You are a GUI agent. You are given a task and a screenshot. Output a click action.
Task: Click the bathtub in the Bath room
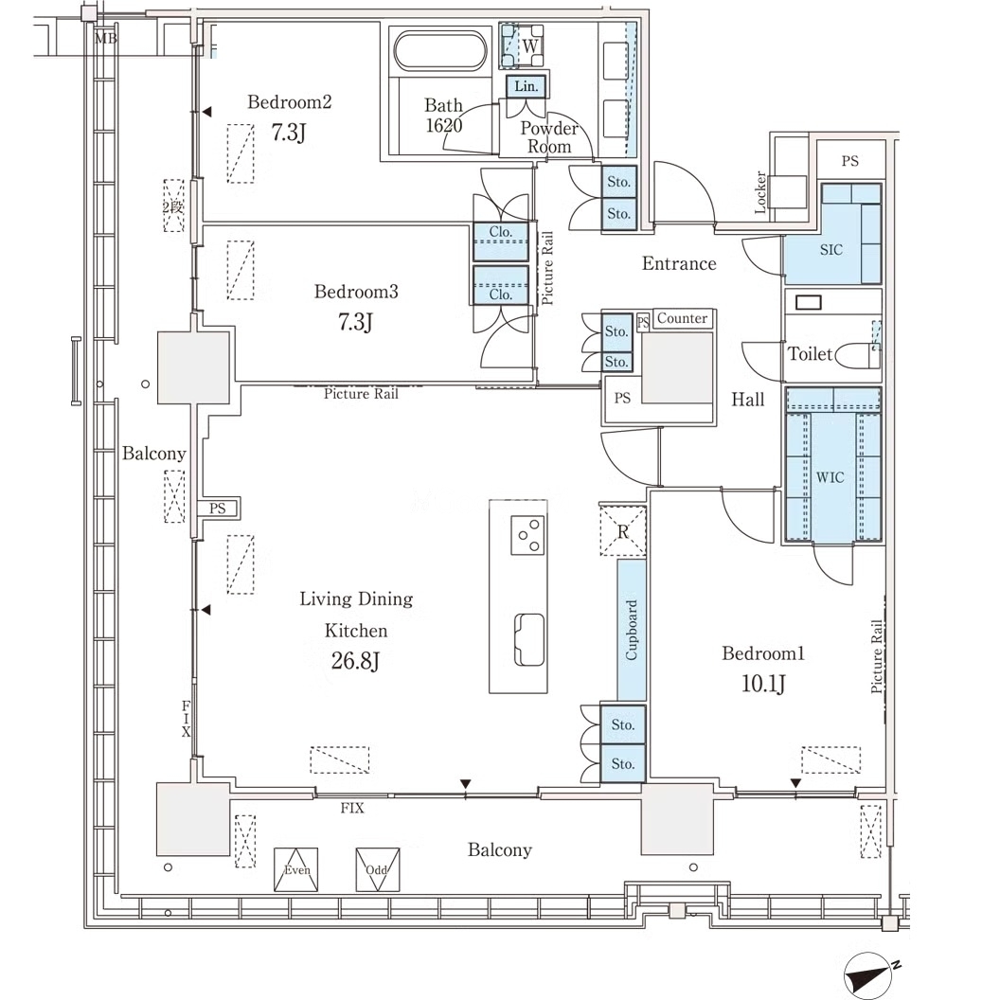pyautogui.click(x=440, y=50)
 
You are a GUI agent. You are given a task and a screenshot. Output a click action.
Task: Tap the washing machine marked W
pyautogui.click(x=522, y=45)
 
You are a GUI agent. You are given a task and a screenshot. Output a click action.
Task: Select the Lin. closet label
pyautogui.click(x=527, y=86)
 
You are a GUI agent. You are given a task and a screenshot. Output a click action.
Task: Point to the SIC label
pyautogui.click(x=830, y=250)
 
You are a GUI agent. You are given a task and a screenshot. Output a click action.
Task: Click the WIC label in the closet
pyautogui.click(x=830, y=477)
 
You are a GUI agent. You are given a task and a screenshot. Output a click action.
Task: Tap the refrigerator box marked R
pyautogui.click(x=623, y=530)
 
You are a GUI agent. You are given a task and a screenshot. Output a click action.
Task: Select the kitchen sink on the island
pyautogui.click(x=529, y=639)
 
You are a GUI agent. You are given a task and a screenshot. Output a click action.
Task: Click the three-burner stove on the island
pyautogui.click(x=527, y=535)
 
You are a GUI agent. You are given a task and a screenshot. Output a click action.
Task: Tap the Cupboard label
pyautogui.click(x=631, y=630)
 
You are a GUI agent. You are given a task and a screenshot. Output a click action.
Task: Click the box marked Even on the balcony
pyautogui.click(x=295, y=869)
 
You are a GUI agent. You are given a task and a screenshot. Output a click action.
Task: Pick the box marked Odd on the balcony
pyautogui.click(x=378, y=869)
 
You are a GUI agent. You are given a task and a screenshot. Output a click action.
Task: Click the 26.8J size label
pyautogui.click(x=355, y=661)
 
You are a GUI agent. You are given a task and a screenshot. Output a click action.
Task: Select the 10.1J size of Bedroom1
pyautogui.click(x=763, y=684)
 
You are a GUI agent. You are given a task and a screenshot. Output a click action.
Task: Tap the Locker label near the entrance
pyautogui.click(x=760, y=191)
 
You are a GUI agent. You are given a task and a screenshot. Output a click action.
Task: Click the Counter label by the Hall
pyautogui.click(x=682, y=318)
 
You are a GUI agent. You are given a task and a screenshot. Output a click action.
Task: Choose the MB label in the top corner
pyautogui.click(x=106, y=38)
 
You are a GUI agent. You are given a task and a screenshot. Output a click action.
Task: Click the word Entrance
pyautogui.click(x=679, y=263)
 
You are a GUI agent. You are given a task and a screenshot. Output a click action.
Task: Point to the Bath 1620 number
pyautogui.click(x=444, y=125)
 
